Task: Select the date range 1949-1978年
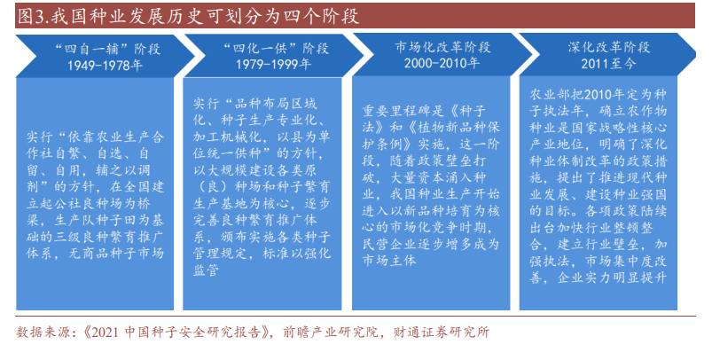pyautogui.click(x=105, y=66)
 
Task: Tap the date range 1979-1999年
pyautogui.click(x=273, y=64)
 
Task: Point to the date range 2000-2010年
pyautogui.click(x=442, y=63)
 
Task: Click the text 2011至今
pyautogui.click(x=608, y=64)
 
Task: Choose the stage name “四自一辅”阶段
pyautogui.click(x=107, y=49)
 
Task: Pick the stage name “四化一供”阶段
pyautogui.click(x=275, y=48)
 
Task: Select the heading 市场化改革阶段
pyautogui.click(x=442, y=47)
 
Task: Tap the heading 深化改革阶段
pyautogui.click(x=609, y=47)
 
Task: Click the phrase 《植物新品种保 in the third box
pyautogui.click(x=452, y=128)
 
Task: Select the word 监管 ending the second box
pyautogui.click(x=207, y=270)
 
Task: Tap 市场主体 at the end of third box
pyautogui.click(x=389, y=261)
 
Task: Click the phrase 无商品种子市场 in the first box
pyautogui.click(x=116, y=253)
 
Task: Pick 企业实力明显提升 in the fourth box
pyautogui.click(x=612, y=278)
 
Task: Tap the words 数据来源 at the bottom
pyautogui.click(x=43, y=333)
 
